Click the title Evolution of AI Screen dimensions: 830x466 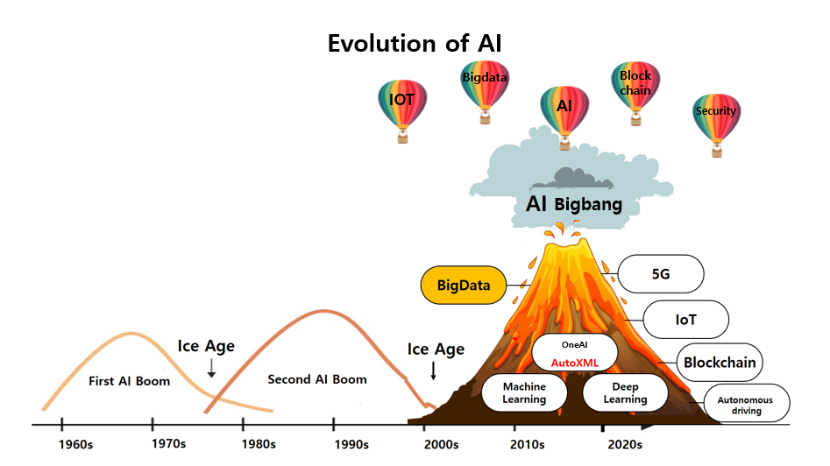415,44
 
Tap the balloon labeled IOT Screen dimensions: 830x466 402,110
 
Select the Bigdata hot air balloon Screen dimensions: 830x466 485,91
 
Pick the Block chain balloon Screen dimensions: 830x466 635,93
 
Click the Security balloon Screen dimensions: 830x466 717,125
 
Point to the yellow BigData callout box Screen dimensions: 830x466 464,285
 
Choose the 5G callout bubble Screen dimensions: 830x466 661,273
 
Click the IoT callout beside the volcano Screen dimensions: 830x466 686,320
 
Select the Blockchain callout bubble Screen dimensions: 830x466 720,363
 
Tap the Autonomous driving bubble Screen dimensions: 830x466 747,403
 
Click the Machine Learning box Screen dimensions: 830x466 524,393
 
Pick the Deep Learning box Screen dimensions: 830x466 625,393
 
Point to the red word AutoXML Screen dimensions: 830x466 575,363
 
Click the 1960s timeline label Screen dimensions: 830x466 75,444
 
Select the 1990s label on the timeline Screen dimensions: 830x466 351,444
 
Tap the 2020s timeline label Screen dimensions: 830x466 625,444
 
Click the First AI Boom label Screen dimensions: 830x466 129,381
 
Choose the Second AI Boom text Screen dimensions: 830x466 317,379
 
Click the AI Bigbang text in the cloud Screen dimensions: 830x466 574,204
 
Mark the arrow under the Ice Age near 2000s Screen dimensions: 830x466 434,371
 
